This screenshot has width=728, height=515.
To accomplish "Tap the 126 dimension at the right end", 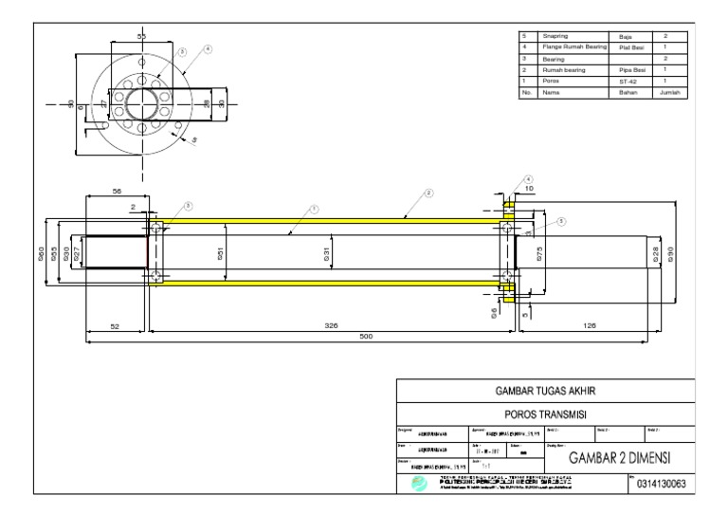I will [589, 325].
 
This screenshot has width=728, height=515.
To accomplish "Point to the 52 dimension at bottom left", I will [115, 325].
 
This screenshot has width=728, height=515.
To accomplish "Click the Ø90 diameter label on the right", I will [671, 254].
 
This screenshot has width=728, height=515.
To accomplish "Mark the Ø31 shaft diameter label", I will [326, 253].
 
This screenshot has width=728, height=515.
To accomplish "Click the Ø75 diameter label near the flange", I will [539, 254].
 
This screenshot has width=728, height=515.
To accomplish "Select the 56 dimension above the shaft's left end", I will [118, 191].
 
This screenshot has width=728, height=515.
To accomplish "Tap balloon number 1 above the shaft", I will [314, 209].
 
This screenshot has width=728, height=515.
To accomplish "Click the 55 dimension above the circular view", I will [142, 36].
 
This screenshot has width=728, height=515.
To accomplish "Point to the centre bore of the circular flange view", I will [142, 101].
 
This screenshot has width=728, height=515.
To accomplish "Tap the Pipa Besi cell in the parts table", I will [629, 70].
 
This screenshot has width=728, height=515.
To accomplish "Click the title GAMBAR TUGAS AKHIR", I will [545, 390].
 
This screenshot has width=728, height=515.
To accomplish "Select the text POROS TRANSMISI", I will [545, 414].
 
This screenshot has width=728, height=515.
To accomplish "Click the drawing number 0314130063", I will [664, 485].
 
